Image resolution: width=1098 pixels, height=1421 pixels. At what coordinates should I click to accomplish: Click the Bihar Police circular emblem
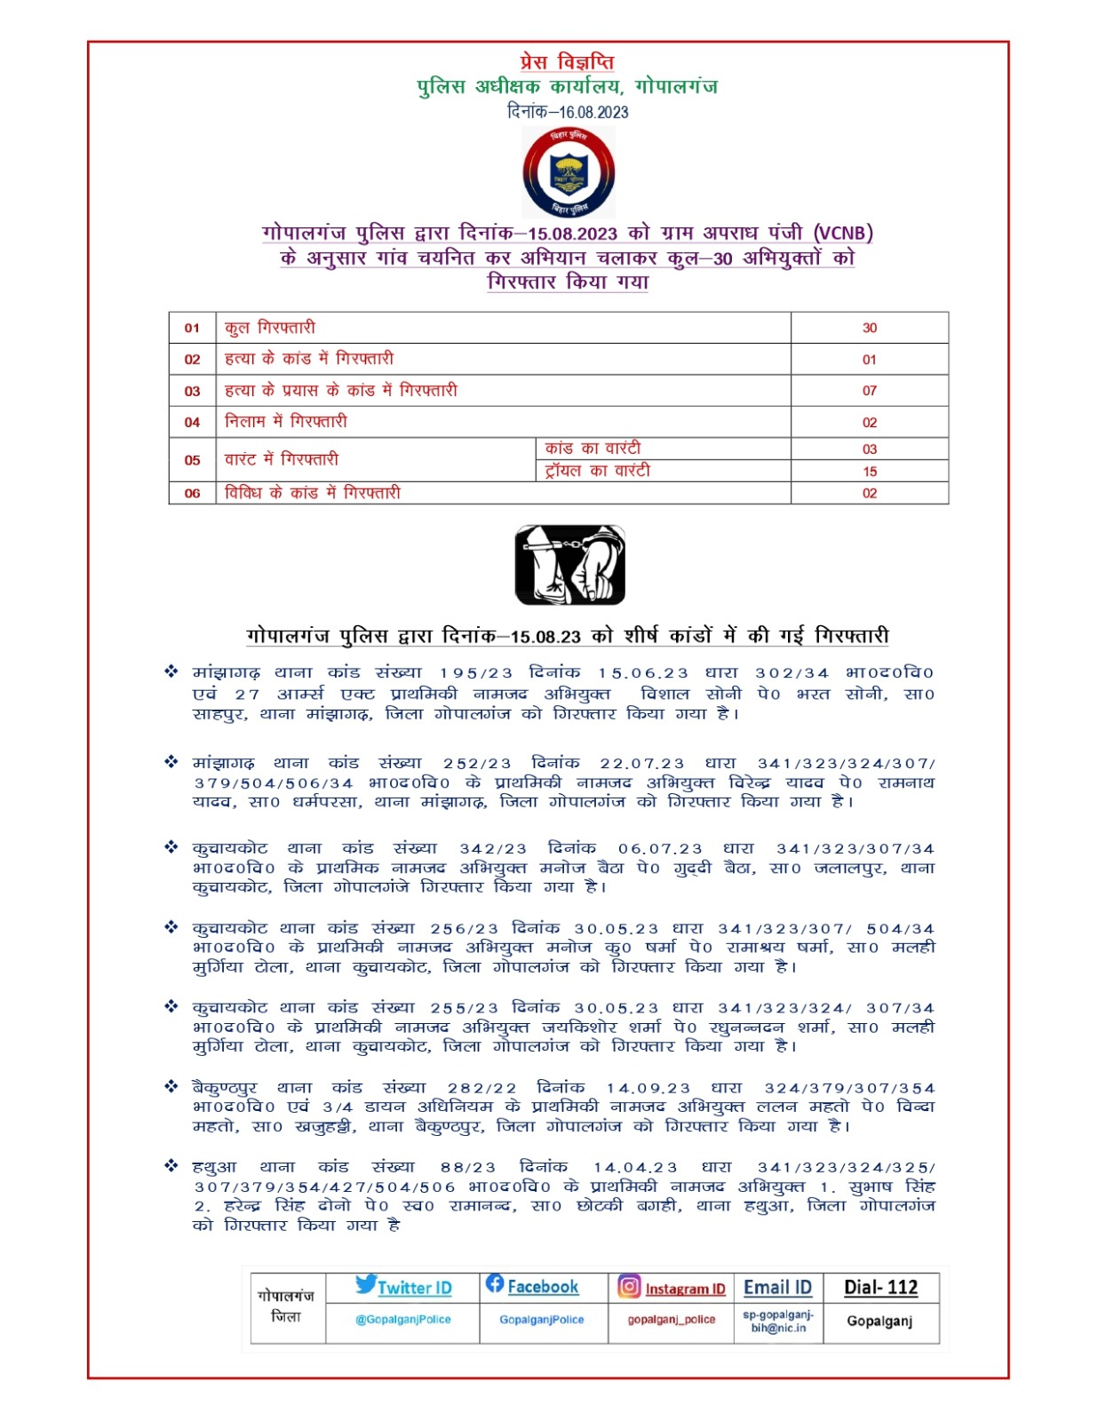[569, 172]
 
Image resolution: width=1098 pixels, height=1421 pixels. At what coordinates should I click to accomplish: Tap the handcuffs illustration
[569, 565]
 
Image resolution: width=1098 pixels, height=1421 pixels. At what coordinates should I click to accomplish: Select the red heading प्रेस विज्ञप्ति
[567, 62]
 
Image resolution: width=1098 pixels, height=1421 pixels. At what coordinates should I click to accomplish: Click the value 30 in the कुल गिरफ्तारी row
[869, 328]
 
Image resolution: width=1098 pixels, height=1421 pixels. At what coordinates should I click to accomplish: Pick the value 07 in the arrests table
[869, 391]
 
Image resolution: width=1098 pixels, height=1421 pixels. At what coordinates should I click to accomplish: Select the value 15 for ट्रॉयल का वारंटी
[869, 472]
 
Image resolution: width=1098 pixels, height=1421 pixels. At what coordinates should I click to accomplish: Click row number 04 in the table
[192, 423]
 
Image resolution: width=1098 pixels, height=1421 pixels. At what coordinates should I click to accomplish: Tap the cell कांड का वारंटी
[593, 449]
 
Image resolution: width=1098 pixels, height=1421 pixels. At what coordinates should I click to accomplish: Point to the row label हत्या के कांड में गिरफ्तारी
[308, 359]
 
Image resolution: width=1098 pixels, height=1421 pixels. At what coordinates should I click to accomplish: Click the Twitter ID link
[414, 1288]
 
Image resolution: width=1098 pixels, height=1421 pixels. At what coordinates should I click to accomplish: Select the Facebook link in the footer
[542, 1287]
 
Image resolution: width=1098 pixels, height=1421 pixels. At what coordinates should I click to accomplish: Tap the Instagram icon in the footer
[629, 1286]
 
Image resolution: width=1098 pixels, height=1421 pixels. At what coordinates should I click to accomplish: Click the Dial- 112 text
[880, 1288]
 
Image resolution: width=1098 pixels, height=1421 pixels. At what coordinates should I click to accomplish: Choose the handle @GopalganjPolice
[403, 1320]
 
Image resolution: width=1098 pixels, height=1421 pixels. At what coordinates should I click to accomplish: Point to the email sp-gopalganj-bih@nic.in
[778, 1322]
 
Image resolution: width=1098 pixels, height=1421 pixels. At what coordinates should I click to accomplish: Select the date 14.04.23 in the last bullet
[635, 1168]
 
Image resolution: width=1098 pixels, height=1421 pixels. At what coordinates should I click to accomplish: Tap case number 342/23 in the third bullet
[493, 849]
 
